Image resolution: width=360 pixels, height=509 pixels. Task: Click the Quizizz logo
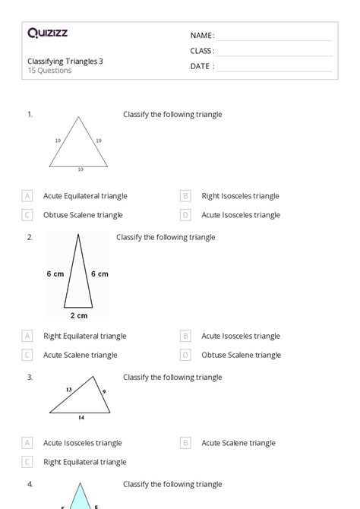point(47,33)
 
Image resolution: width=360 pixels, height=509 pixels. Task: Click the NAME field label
point(202,36)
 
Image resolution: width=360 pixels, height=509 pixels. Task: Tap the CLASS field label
point(202,51)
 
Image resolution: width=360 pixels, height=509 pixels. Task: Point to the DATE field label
point(202,66)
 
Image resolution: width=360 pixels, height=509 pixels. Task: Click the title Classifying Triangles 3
point(65,62)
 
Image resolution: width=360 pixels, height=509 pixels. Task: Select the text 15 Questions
point(49,71)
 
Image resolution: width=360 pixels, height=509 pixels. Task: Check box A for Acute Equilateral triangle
point(27,196)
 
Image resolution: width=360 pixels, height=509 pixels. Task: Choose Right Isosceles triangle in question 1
point(240,196)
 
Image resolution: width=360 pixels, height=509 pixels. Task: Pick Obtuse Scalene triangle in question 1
point(83,215)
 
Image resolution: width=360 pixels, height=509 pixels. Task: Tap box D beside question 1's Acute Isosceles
point(185,215)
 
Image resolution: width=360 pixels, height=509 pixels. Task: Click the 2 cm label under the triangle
point(78,315)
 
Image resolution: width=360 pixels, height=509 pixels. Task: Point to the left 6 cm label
point(55,273)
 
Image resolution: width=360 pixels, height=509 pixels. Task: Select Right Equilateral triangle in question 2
point(85,336)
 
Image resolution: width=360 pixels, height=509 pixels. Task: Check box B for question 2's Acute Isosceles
point(185,336)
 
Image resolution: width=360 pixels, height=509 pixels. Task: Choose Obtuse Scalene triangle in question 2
point(241,355)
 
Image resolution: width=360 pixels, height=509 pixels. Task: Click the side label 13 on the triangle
point(68,389)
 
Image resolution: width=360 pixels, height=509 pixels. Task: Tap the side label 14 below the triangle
point(81,418)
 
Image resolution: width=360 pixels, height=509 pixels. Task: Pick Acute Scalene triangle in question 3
point(238,443)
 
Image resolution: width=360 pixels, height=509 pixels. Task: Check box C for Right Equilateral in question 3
point(27,462)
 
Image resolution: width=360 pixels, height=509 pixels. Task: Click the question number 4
point(30,484)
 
